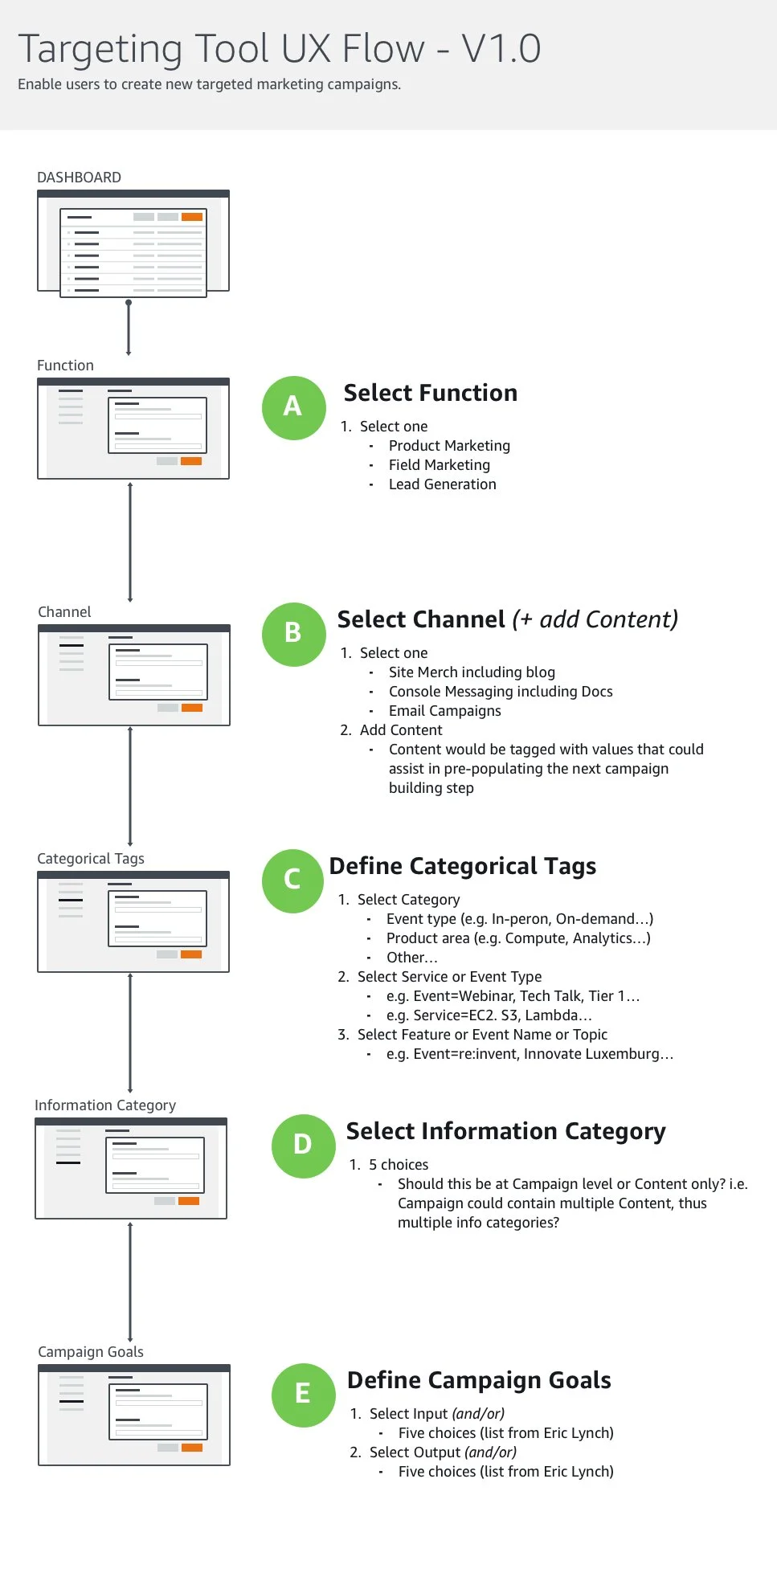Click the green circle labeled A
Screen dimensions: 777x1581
(x=293, y=407)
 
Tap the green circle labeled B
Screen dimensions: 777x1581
(x=293, y=634)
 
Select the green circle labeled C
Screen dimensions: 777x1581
(x=293, y=880)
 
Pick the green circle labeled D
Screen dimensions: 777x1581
(x=303, y=1146)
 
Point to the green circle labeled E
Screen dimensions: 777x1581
(x=303, y=1395)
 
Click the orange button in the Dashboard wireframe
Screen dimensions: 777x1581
(x=192, y=217)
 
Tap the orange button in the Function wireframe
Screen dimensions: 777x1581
(x=191, y=461)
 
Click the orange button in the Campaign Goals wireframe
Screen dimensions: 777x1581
(x=192, y=1448)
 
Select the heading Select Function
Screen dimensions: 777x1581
(x=430, y=393)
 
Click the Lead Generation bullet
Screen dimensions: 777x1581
(x=442, y=484)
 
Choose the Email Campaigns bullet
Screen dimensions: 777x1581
(x=444, y=711)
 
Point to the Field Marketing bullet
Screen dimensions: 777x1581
(x=439, y=465)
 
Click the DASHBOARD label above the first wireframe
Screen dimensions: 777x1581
(x=79, y=178)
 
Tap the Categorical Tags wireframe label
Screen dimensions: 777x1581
(x=91, y=859)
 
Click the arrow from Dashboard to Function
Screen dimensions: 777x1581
(x=129, y=328)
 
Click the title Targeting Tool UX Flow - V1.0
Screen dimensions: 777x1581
(x=279, y=49)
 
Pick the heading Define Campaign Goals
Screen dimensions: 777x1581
(x=479, y=1380)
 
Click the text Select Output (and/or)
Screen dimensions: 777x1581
(x=443, y=1452)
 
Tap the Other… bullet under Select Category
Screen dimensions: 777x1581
(x=411, y=958)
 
